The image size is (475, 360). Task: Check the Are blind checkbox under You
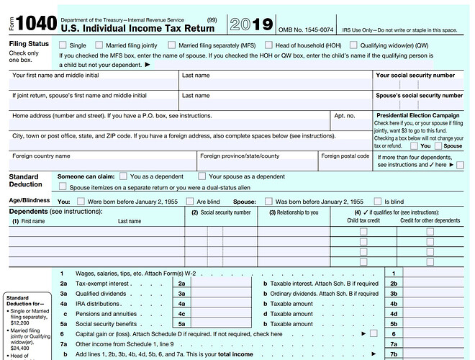191,202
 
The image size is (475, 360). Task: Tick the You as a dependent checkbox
123,176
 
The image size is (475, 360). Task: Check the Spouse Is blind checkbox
379,202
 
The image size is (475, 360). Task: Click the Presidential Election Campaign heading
418,115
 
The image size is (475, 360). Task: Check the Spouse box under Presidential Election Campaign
438,145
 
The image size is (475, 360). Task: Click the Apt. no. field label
345,115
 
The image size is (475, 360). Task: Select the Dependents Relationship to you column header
293,212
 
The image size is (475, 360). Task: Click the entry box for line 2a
215,284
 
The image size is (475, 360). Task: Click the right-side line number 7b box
393,354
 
